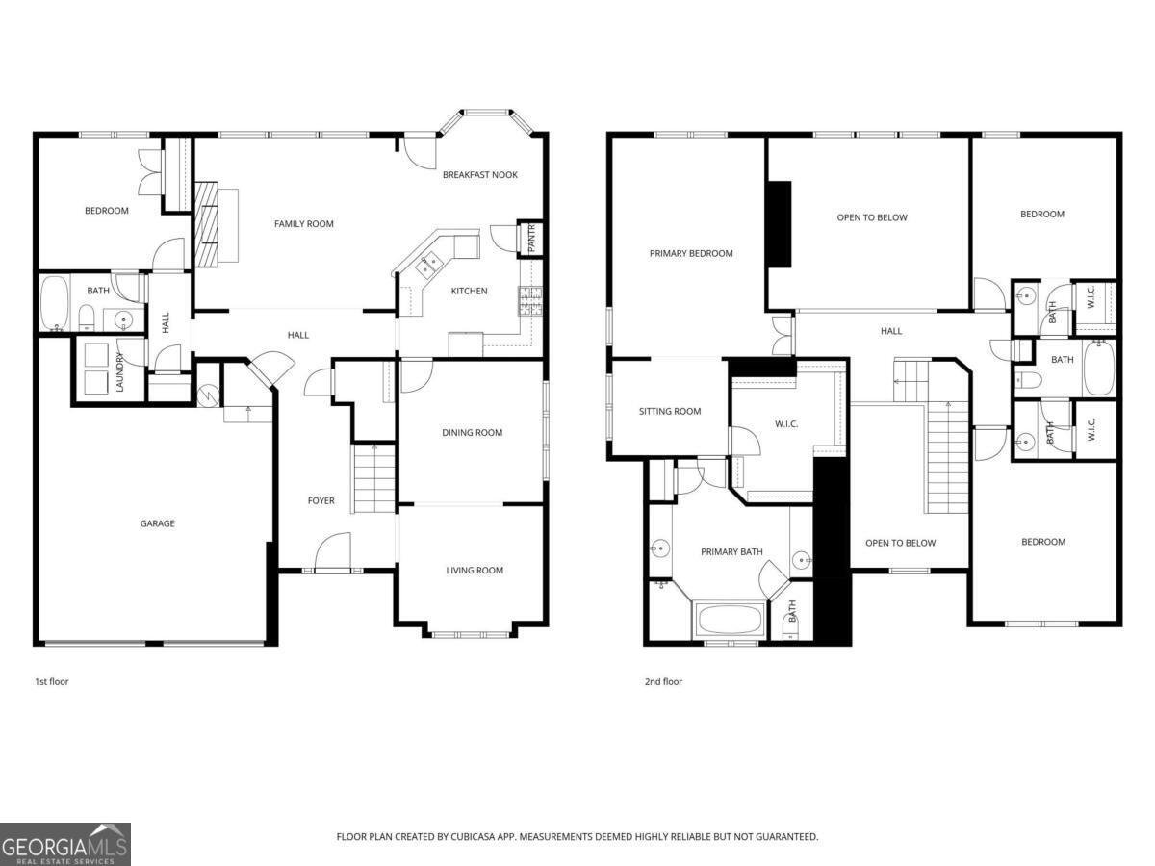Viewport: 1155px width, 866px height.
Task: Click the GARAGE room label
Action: pyautogui.click(x=158, y=523)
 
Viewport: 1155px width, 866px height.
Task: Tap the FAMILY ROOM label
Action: pyautogui.click(x=303, y=224)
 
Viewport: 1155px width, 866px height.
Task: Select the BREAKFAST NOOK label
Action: pyautogui.click(x=479, y=175)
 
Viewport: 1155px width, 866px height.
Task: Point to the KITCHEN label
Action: pyautogui.click(x=469, y=292)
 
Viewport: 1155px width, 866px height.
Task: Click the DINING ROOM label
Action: pyautogui.click(x=472, y=433)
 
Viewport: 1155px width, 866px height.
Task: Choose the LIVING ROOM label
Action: pyautogui.click(x=474, y=571)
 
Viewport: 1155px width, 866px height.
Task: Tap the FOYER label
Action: pyautogui.click(x=321, y=501)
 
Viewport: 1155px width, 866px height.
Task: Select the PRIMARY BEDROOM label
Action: pyautogui.click(x=690, y=254)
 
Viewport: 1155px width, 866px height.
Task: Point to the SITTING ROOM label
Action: pyautogui.click(x=670, y=412)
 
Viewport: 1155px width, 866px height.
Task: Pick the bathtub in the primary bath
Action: pyautogui.click(x=730, y=620)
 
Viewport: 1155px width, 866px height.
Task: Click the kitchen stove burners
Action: pyautogui.click(x=530, y=300)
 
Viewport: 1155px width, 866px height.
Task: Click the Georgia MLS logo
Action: pyautogui.click(x=65, y=844)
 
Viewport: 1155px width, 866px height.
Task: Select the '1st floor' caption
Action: pyautogui.click(x=51, y=682)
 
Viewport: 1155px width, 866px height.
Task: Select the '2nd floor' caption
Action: pyautogui.click(x=663, y=682)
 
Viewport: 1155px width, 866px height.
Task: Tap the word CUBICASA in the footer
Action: pyautogui.click(x=475, y=837)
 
